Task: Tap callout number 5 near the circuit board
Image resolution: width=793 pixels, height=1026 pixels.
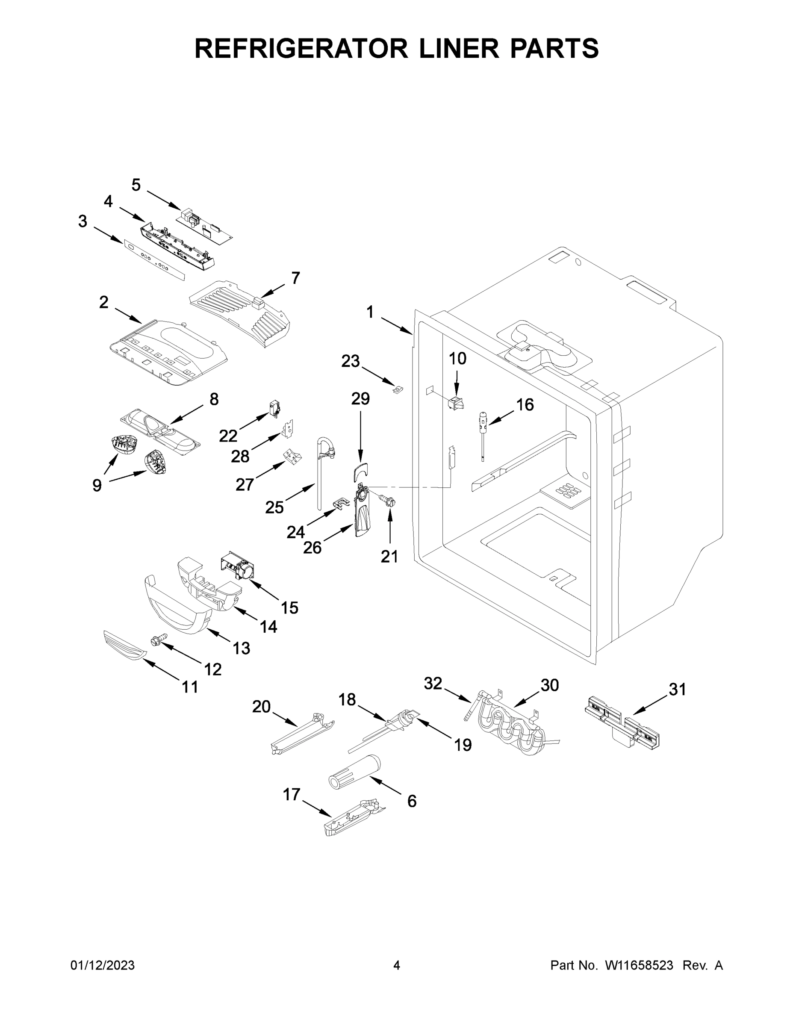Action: (136, 185)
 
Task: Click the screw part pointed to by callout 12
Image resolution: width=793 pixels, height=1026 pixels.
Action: (158, 641)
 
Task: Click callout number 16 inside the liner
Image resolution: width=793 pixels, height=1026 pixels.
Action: (525, 404)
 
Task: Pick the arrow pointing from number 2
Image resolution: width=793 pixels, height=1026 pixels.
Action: (128, 316)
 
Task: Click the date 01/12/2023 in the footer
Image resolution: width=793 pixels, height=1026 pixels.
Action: (103, 965)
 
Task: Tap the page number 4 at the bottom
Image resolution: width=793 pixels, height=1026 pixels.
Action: (397, 965)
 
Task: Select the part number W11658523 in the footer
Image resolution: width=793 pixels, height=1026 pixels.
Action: (639, 965)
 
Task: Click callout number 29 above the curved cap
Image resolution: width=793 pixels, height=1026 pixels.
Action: (360, 399)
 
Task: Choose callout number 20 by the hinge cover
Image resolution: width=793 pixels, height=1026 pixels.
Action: (262, 707)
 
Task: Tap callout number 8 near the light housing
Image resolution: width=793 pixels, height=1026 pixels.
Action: (214, 399)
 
